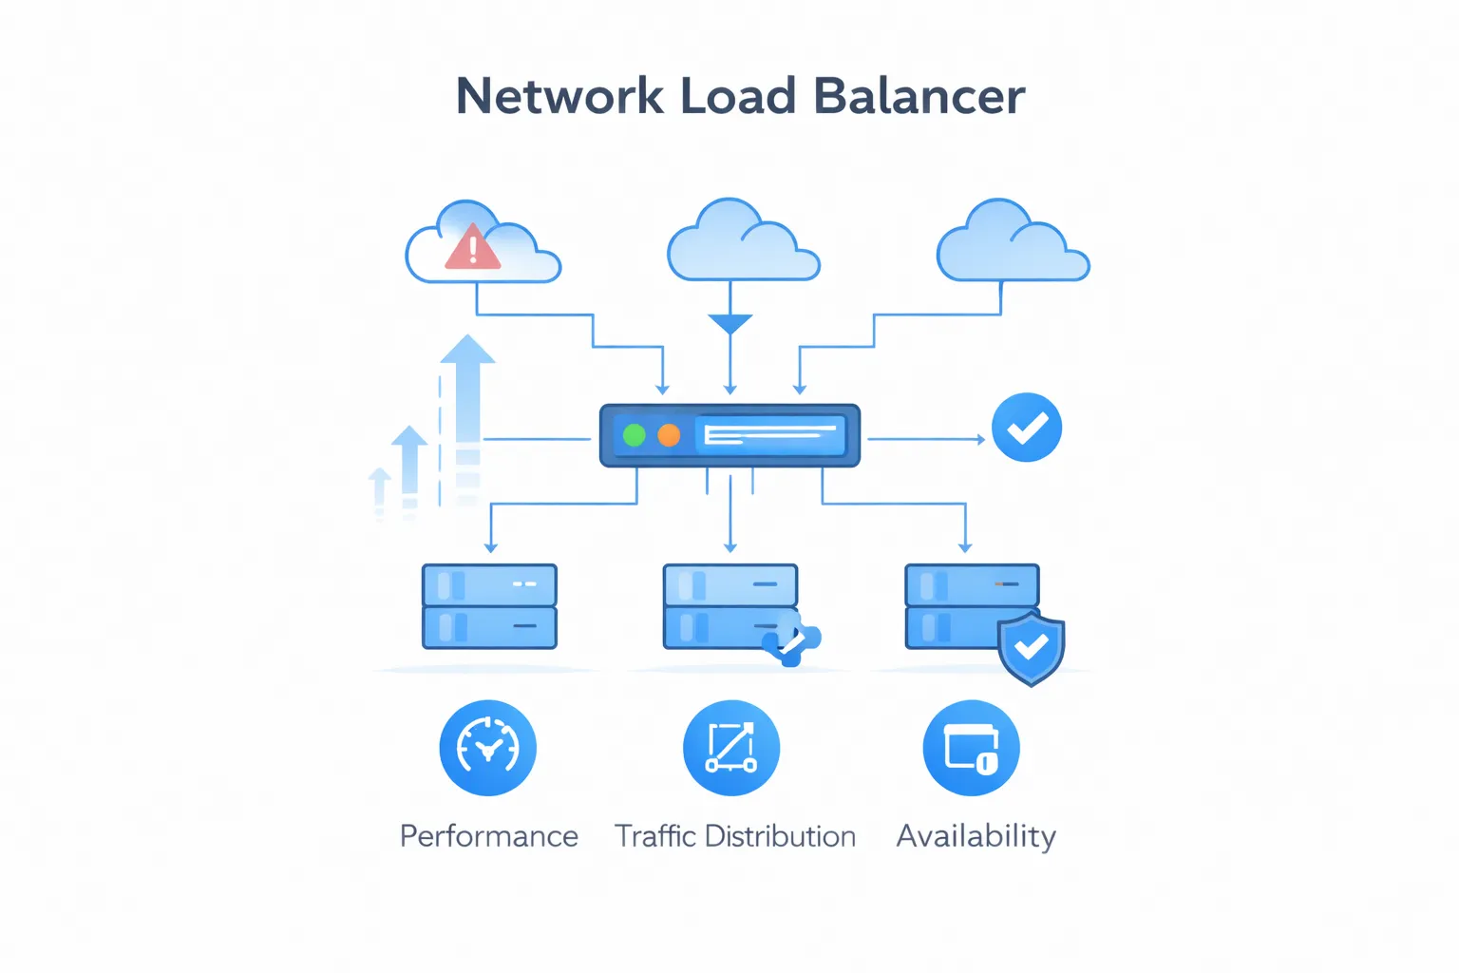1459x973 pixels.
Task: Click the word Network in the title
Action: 559,96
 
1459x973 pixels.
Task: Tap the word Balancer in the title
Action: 919,96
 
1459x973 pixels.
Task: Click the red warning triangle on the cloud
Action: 472,248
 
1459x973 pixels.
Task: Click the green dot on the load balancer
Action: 634,435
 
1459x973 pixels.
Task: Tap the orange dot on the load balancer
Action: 669,435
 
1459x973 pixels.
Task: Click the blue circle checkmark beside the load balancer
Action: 1026,428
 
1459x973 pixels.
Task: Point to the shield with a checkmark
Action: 1031,648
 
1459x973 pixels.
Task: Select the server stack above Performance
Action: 489,606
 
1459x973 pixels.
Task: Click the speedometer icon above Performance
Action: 487,748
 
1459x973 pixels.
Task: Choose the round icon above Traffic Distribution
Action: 730,748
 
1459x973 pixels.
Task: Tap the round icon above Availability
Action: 971,748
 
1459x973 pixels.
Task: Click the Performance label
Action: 488,836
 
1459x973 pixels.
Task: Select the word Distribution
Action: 780,836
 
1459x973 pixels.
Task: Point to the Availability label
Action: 976,836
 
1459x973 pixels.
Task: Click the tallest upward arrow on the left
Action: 467,399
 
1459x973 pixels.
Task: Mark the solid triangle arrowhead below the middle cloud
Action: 729,324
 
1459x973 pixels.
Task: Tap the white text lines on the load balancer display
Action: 769,435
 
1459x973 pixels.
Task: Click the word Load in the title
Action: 738,96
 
